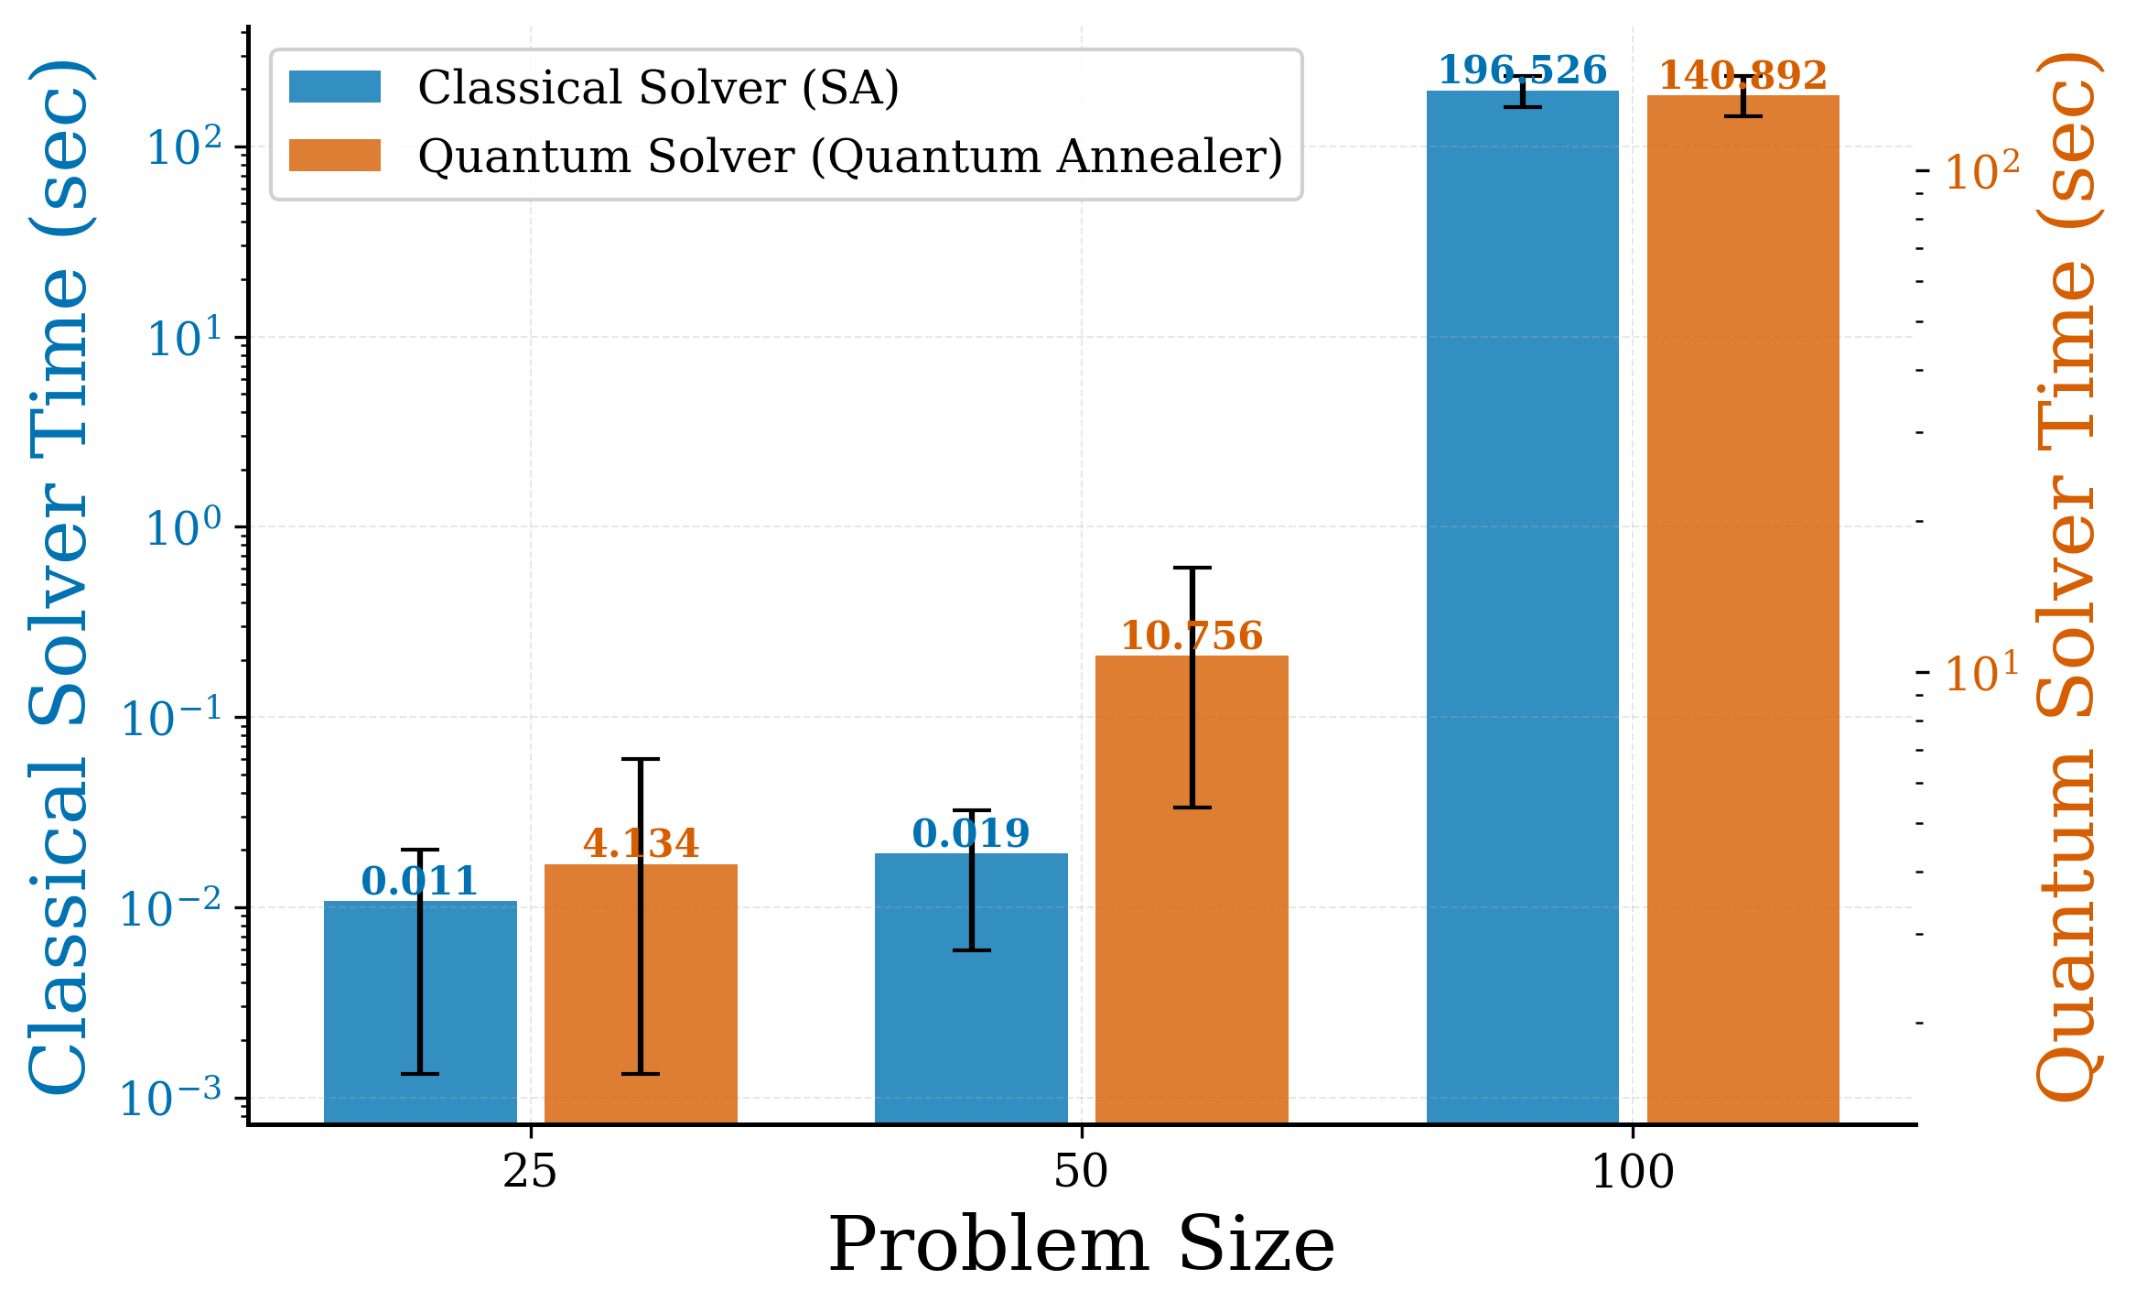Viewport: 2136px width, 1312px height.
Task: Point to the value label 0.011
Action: pos(420,882)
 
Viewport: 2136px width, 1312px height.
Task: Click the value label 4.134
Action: pos(641,843)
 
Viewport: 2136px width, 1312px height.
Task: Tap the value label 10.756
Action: pos(1192,636)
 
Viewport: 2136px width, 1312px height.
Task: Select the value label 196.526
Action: pos(1522,70)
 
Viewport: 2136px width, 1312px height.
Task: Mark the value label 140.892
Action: pos(1742,75)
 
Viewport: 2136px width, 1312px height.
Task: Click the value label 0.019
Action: pos(971,833)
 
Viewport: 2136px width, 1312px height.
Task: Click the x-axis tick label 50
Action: pos(1081,1172)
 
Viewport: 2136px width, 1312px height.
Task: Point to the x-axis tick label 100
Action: pos(1633,1172)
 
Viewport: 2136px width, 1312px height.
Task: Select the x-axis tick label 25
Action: pos(530,1172)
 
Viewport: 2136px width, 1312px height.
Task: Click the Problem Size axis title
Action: pos(1081,1245)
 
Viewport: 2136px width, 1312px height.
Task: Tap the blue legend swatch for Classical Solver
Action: pos(335,87)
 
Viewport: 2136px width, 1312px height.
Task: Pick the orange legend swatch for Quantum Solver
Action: pos(335,156)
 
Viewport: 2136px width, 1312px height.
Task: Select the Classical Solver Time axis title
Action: pos(59,577)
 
